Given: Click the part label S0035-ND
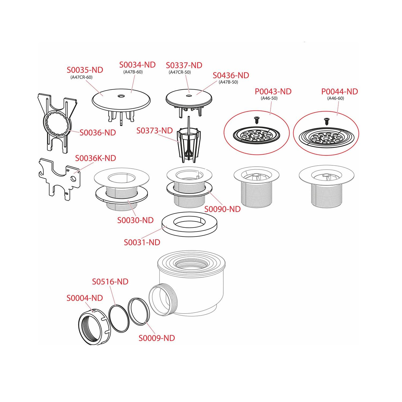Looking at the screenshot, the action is tap(85, 70).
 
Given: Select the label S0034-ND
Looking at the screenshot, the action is tap(137, 65).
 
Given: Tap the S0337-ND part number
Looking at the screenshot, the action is tap(184, 65).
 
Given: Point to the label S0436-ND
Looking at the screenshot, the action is tap(231, 75).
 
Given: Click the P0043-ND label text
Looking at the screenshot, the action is tap(273, 91).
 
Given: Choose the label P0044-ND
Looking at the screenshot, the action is tap(340, 91).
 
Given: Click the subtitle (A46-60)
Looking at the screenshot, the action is tap(336, 98).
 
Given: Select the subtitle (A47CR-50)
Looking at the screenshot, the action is tap(180, 72).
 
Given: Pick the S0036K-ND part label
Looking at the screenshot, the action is tap(96, 158).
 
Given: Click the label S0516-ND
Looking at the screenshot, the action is tap(110, 282).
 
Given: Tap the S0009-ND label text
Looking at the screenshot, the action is tap(157, 338).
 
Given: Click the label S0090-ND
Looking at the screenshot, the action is tap(223, 209).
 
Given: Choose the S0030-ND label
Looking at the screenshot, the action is tap(135, 220).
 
